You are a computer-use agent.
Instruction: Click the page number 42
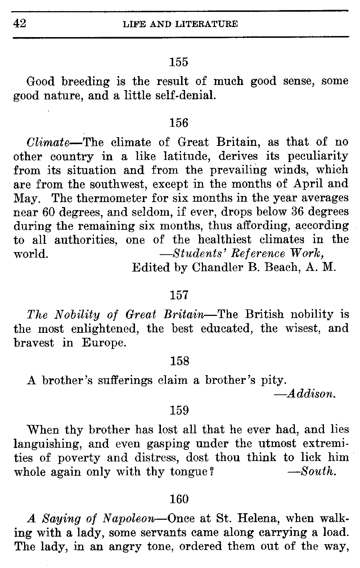[x=20, y=24]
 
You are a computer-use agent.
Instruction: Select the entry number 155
[x=179, y=62]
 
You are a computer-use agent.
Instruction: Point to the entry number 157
[x=179, y=295]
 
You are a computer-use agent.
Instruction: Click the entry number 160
[x=179, y=499]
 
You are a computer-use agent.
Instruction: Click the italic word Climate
[x=48, y=142]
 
